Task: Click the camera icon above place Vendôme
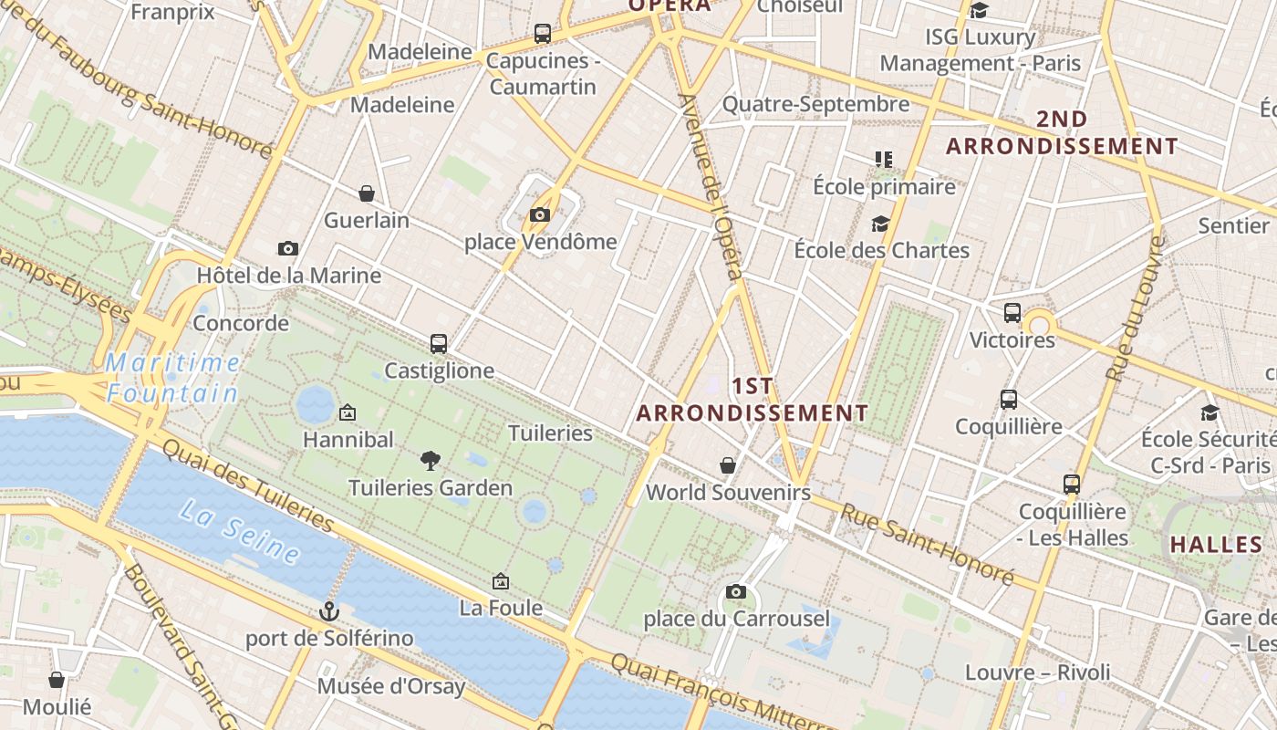pos(540,215)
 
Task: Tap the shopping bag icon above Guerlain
pos(366,193)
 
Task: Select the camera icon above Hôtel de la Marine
pos(288,248)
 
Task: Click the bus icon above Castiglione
pos(439,344)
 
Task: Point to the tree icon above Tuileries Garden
pos(431,461)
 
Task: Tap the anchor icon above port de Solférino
pos(328,610)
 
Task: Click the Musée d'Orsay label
pos(391,686)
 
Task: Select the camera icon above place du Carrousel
pos(736,592)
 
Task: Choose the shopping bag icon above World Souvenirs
pos(728,465)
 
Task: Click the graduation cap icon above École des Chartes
pos(880,224)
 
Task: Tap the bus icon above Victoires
pos(1012,313)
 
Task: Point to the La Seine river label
pos(240,532)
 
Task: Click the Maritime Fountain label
pos(172,378)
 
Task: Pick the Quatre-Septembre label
pos(815,104)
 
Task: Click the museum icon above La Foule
pos(500,581)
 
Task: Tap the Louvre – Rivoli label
pos(1038,673)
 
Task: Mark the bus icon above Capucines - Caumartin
pos(543,34)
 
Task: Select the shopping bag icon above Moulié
pos(57,680)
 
